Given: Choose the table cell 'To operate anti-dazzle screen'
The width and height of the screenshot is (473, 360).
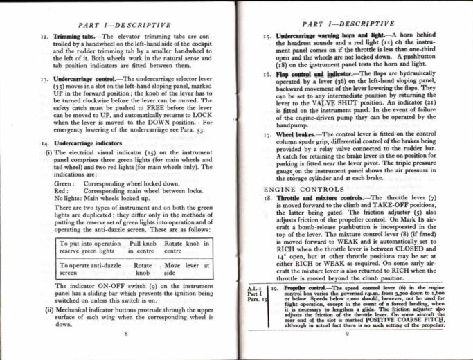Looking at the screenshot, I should (x=91, y=270).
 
